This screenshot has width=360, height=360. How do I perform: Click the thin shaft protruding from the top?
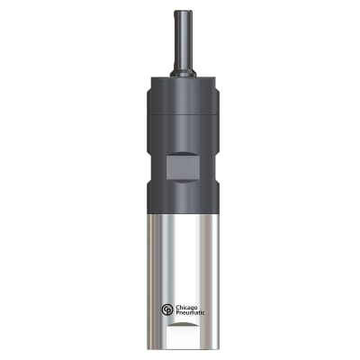[x=180, y=36]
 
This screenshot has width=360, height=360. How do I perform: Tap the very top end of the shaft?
[x=180, y=13]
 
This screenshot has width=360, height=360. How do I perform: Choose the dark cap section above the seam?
[x=180, y=97]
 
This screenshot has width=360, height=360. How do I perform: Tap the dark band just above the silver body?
[x=180, y=199]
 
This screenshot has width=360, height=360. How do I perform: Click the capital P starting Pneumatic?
[x=178, y=313]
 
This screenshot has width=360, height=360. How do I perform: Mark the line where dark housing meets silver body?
[x=180, y=211]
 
